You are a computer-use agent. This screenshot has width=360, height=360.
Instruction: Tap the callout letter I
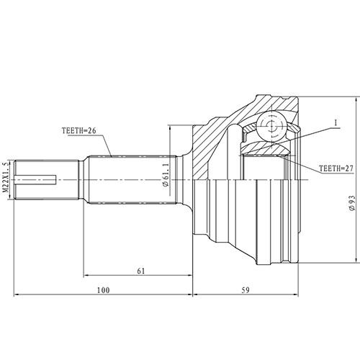tap(336, 123)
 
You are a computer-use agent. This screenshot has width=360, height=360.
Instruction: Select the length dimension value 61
tap(141, 271)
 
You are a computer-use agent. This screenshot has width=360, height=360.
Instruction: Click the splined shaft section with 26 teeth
tap(122, 178)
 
